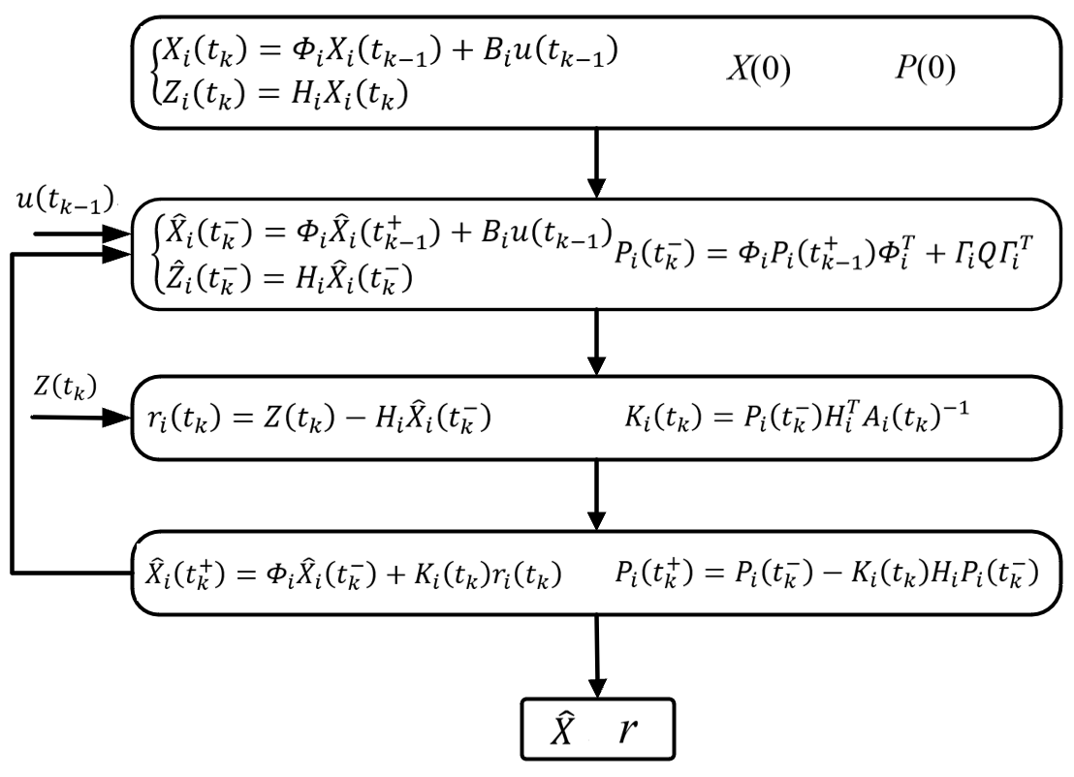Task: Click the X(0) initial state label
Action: (x=759, y=69)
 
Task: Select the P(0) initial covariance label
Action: (x=926, y=68)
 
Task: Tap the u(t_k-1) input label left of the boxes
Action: (x=65, y=201)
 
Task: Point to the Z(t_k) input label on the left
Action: (x=66, y=388)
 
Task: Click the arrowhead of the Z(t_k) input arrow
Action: (x=116, y=418)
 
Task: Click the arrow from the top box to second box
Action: (x=597, y=163)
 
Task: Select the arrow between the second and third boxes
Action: (x=597, y=342)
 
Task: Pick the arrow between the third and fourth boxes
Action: (x=597, y=495)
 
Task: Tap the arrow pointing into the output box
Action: (x=597, y=657)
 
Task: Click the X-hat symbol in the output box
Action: (x=563, y=729)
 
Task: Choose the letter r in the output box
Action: (x=627, y=731)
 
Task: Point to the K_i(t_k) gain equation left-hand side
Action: (x=663, y=417)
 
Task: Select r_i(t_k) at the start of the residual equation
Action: (x=184, y=418)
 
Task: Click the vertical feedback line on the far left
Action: (x=13, y=414)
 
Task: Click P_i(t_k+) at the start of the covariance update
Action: (x=655, y=574)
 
